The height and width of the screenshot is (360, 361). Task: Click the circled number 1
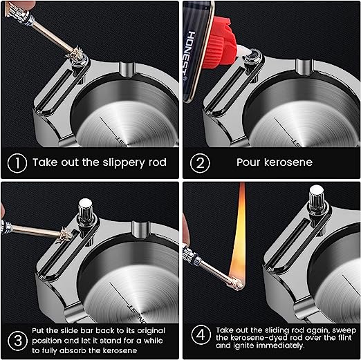(x=17, y=163)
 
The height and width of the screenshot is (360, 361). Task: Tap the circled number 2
(x=200, y=163)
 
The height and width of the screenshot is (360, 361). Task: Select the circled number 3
(x=17, y=341)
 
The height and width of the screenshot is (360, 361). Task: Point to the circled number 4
(x=201, y=334)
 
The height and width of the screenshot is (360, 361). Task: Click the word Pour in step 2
(x=248, y=162)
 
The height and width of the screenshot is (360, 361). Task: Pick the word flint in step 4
(x=344, y=338)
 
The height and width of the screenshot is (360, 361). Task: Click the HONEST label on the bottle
(x=189, y=56)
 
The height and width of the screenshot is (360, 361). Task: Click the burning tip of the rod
(x=237, y=284)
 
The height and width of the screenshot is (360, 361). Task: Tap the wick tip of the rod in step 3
(x=64, y=235)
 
